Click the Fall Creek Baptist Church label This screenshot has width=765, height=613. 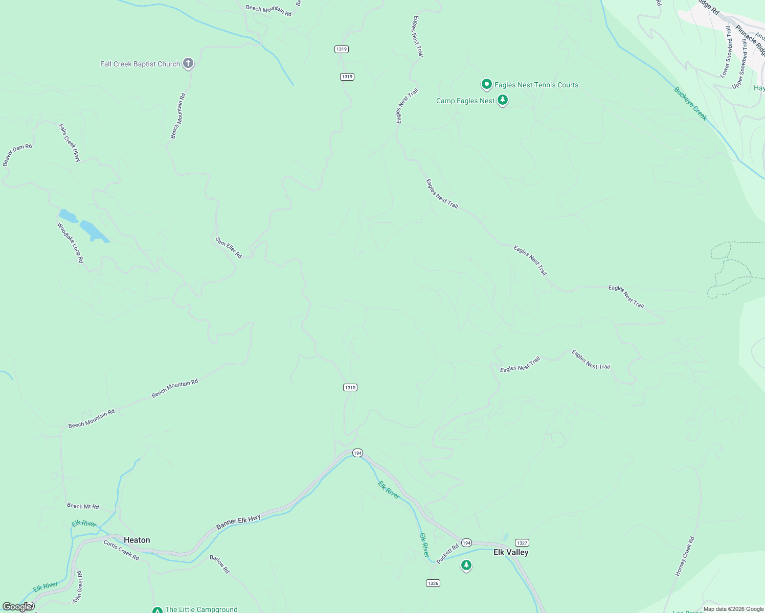(140, 64)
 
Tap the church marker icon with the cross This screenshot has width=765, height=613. (188, 63)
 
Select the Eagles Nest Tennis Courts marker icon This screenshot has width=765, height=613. (487, 84)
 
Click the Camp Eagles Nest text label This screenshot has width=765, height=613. (465, 101)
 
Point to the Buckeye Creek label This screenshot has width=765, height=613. (690, 104)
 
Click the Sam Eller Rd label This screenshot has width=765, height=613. (229, 248)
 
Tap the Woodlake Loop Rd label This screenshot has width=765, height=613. (70, 243)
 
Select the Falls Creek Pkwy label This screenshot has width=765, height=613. (70, 143)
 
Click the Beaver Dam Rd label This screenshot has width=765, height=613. (17, 154)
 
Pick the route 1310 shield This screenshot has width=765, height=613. (350, 388)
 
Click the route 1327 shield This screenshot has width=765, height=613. (522, 543)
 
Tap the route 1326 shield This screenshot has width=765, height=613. (433, 583)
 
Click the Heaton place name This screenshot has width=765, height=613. (137, 540)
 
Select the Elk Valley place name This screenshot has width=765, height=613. (511, 552)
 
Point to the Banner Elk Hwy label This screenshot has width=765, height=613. (238, 522)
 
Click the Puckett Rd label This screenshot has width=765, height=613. (447, 553)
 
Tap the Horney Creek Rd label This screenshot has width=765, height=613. (685, 556)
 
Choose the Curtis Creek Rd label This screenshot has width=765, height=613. (121, 550)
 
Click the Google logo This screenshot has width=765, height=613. (17, 607)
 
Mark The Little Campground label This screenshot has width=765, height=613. (201, 609)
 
